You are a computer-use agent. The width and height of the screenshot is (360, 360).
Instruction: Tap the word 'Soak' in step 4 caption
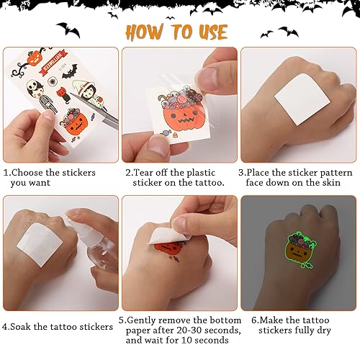click(x=24, y=326)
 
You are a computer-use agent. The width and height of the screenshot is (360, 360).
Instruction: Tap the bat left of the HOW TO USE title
click(x=70, y=30)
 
